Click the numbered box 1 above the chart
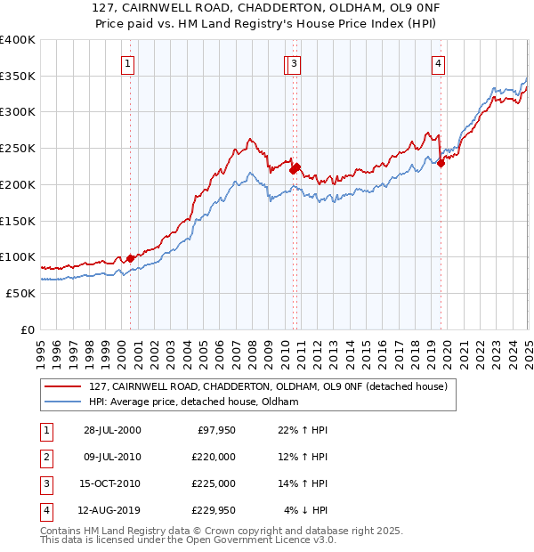(x=129, y=63)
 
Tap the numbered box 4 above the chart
(x=440, y=63)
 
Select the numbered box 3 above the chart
(x=295, y=63)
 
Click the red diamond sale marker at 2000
(x=131, y=258)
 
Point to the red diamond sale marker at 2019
(x=441, y=163)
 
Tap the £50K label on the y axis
(x=21, y=293)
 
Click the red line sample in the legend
(x=63, y=386)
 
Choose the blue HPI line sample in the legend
(x=63, y=402)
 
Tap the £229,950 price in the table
(x=214, y=510)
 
